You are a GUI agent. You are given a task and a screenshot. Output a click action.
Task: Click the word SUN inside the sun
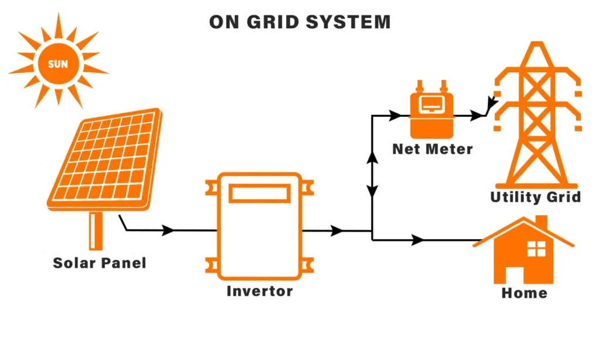57,64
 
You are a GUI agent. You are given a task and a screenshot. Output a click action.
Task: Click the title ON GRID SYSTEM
299,22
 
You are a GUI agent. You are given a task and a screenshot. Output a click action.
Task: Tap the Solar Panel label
100,263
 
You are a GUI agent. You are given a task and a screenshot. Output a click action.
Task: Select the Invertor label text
260,291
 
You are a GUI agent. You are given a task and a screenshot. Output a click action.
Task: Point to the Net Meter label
432,149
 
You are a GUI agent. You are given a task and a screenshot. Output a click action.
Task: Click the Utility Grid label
536,197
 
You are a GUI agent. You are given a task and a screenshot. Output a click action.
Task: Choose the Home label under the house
524,293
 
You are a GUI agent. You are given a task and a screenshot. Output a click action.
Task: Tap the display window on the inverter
259,193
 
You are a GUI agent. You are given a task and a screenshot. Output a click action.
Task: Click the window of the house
536,249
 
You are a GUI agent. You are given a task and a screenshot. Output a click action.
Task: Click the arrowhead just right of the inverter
336,231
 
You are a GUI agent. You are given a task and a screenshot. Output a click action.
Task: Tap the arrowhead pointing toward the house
417,240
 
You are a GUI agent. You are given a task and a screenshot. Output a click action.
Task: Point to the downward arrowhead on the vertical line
372,191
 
